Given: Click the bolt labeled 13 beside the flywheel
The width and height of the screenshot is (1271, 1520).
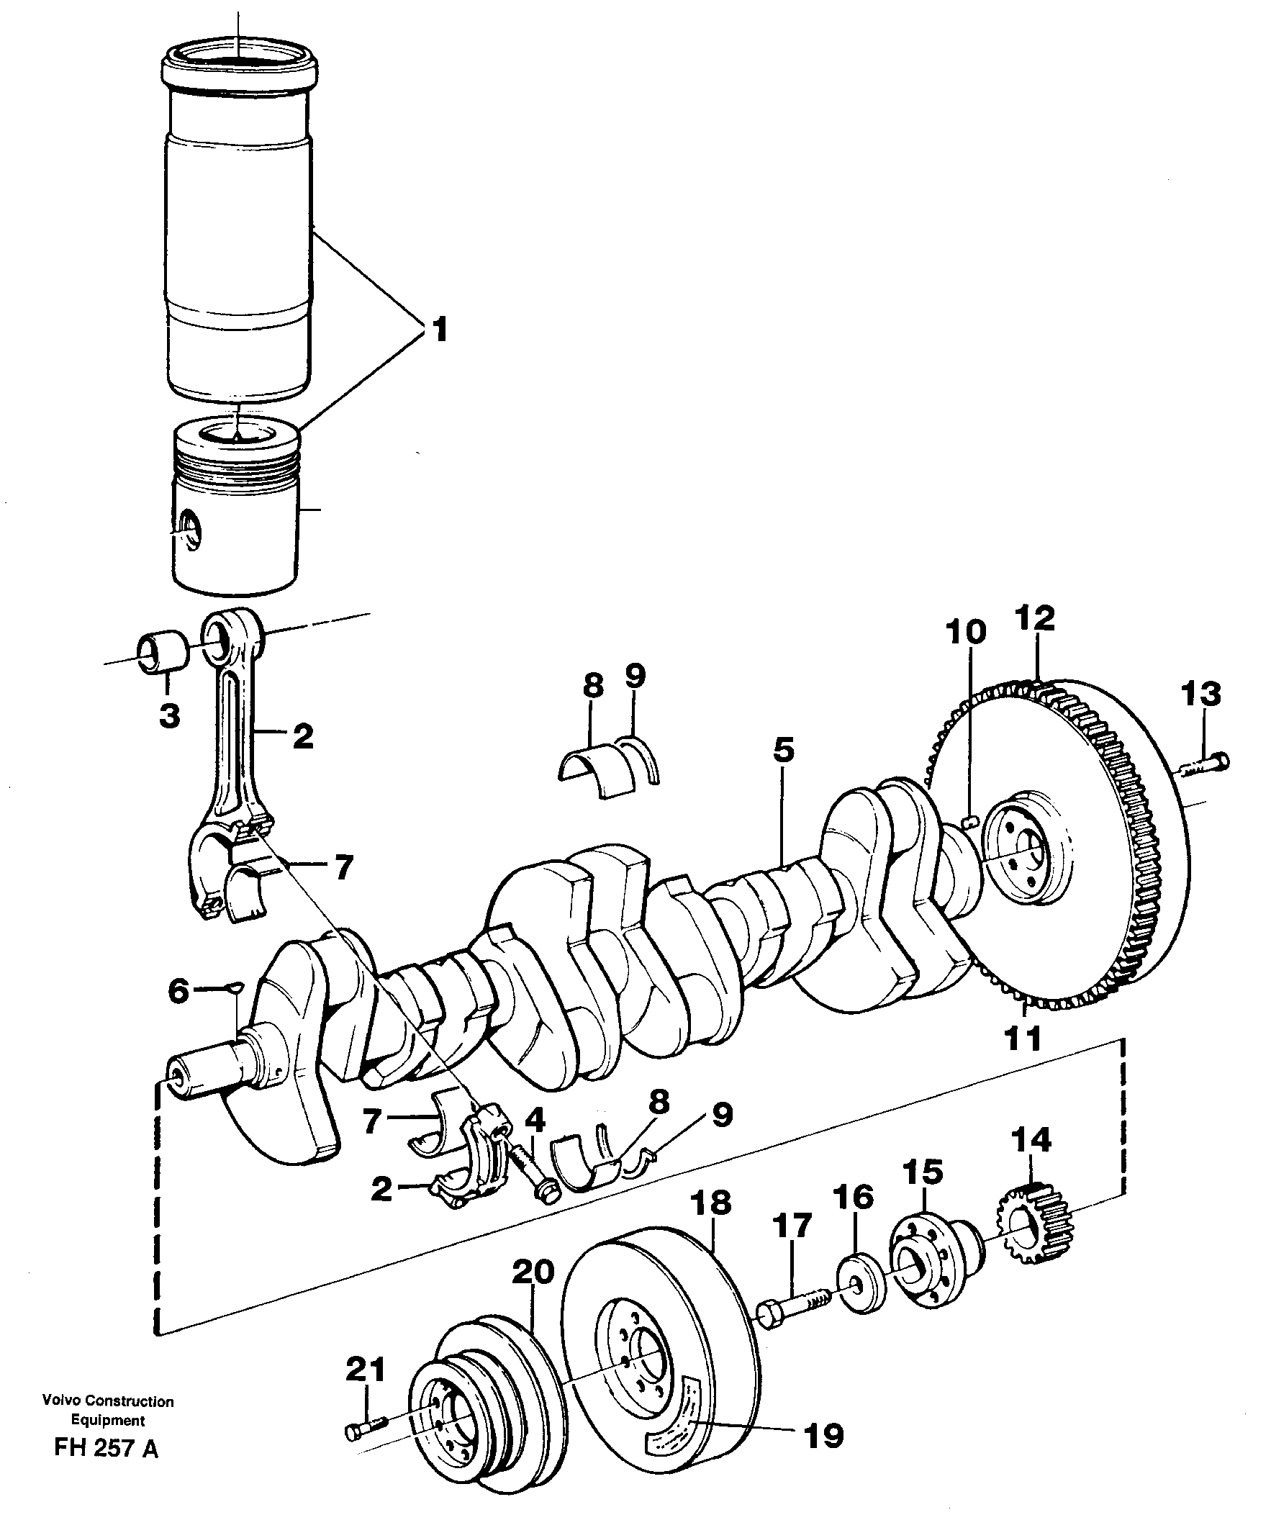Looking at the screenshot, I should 1203,764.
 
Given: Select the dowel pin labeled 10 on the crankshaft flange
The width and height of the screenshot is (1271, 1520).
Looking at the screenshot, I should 972,820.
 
